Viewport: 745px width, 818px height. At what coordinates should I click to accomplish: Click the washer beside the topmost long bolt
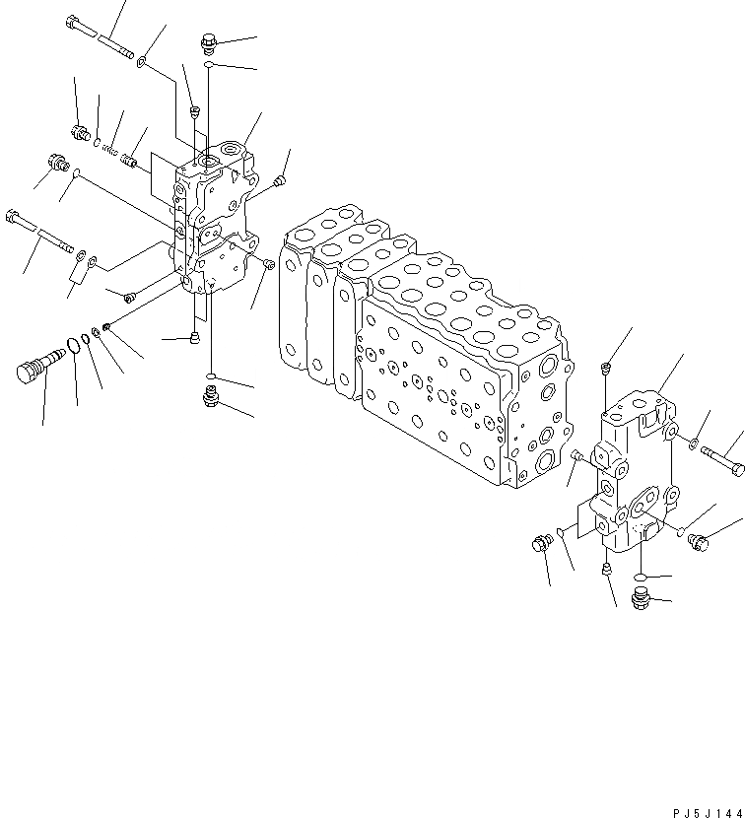[144, 62]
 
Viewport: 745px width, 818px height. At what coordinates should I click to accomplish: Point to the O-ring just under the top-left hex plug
[209, 64]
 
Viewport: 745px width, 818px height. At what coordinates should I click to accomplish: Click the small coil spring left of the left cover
[110, 151]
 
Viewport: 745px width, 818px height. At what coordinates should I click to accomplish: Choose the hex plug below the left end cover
[210, 396]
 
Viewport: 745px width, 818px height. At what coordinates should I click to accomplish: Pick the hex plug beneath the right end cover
[640, 597]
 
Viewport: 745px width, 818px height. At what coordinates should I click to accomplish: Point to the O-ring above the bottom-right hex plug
[640, 577]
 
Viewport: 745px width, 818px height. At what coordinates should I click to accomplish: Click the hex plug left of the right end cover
[541, 542]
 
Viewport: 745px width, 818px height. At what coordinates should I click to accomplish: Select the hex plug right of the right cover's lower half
[698, 540]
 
